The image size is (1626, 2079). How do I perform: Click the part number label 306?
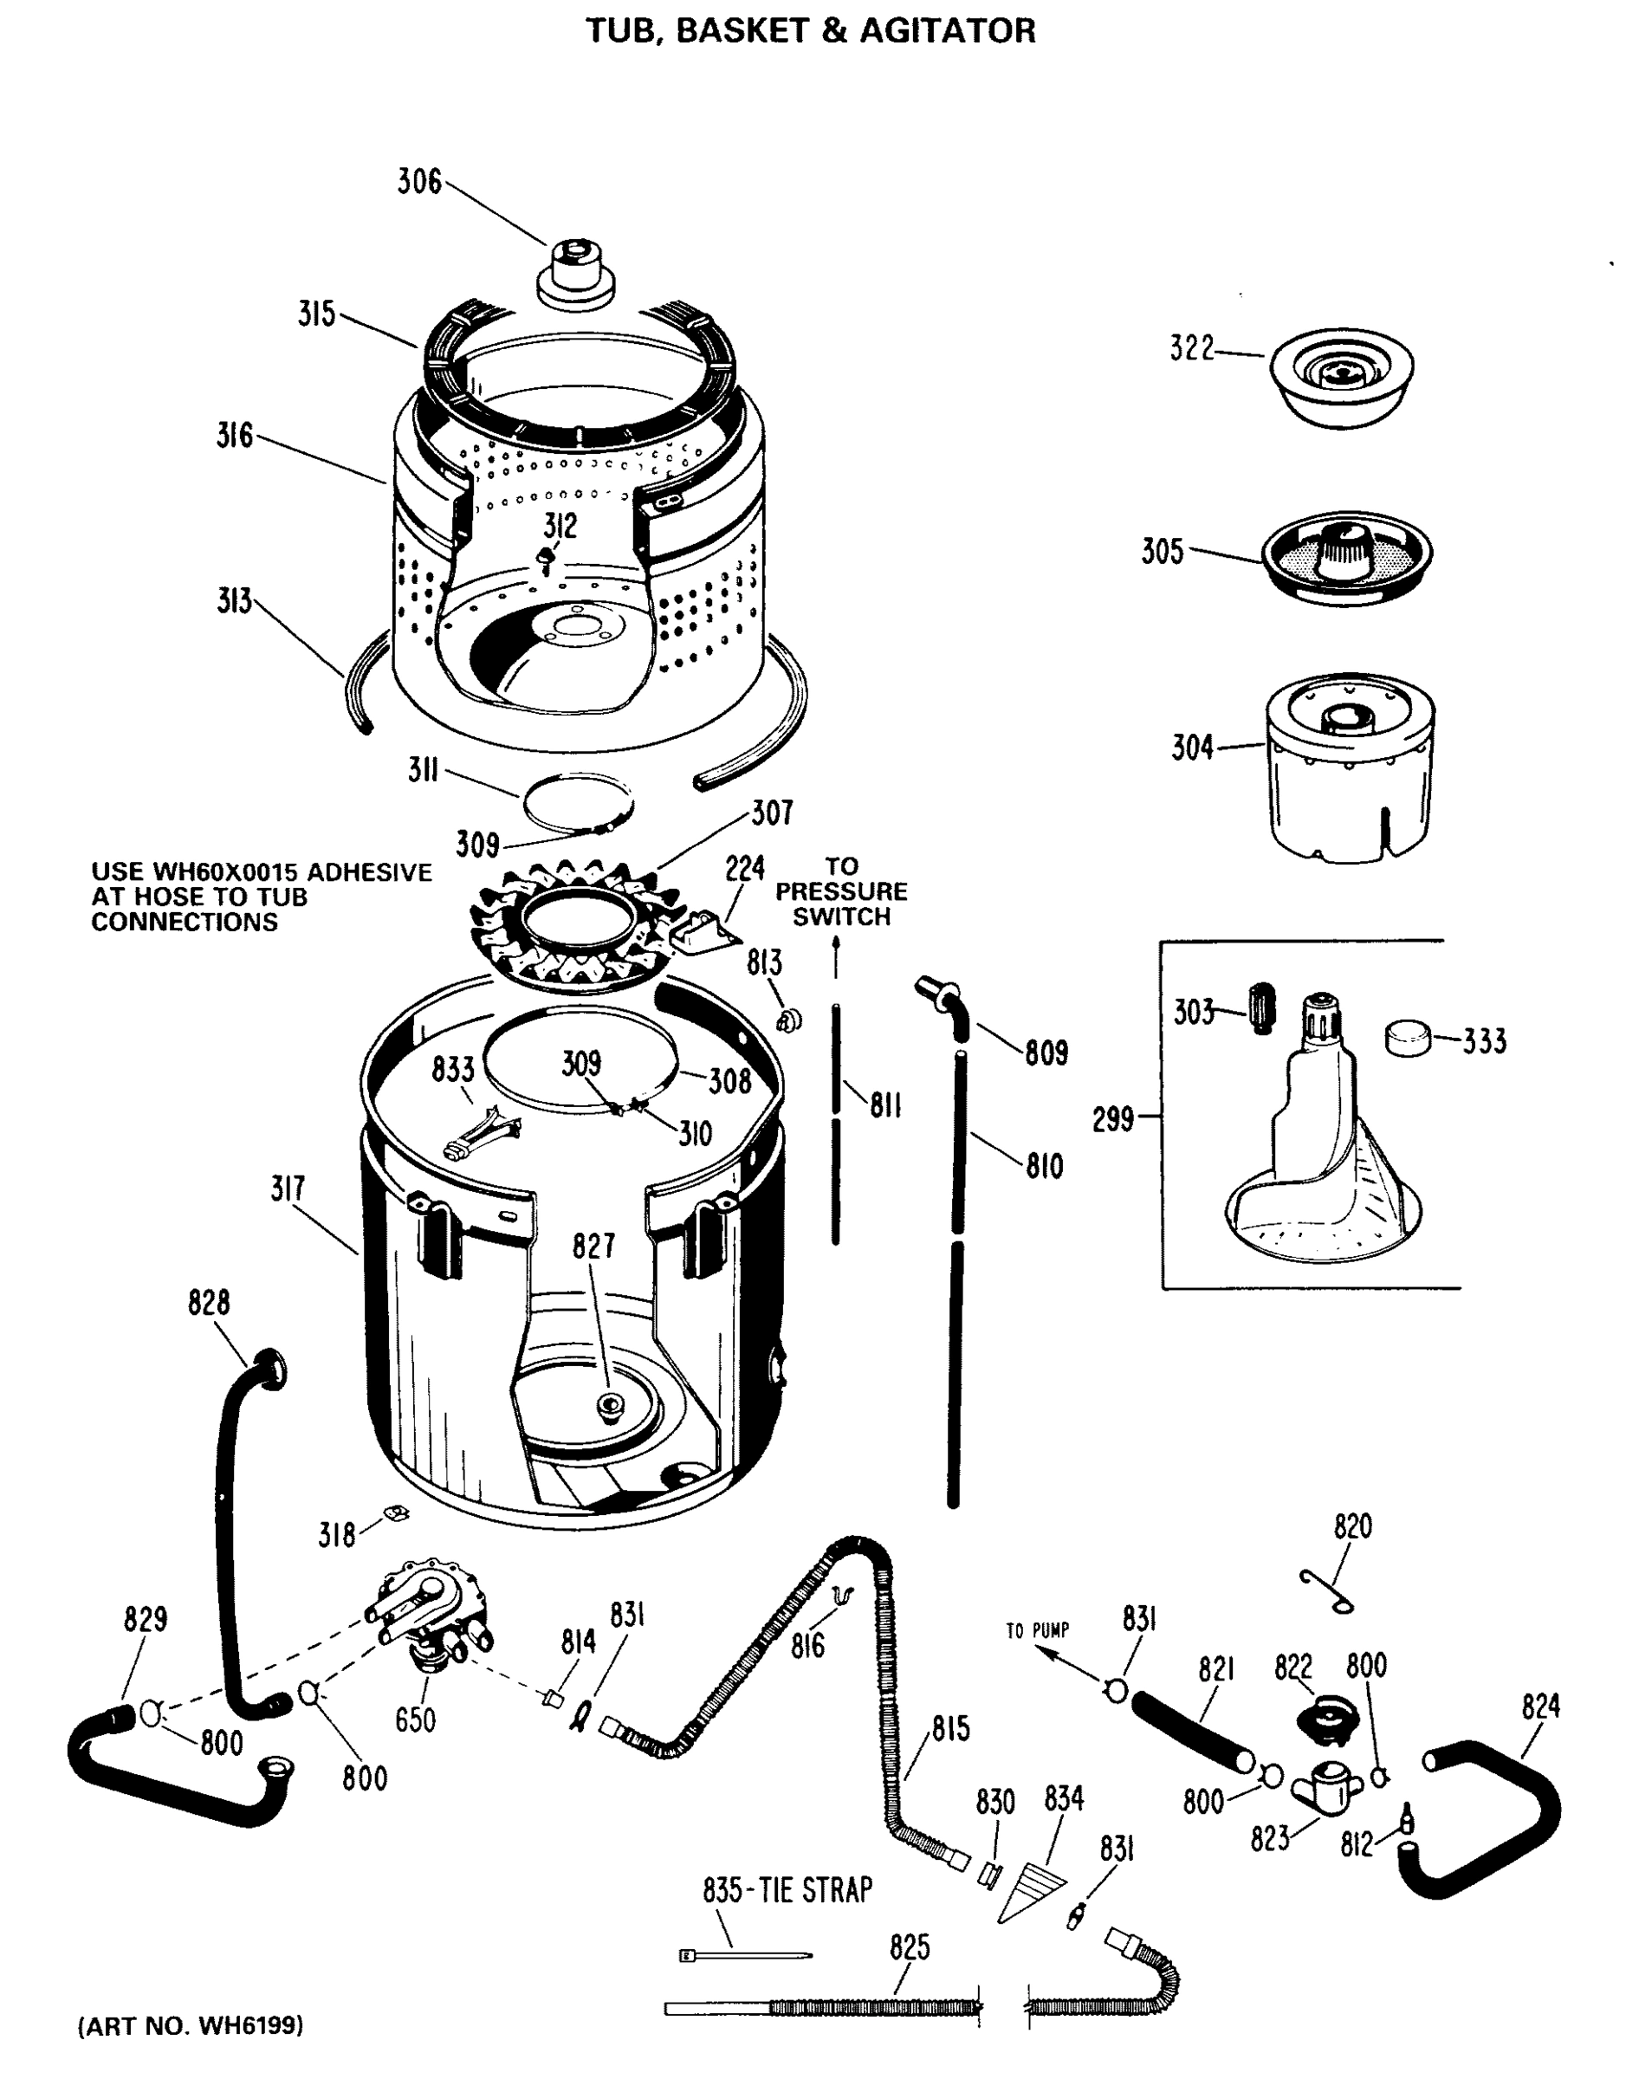click(419, 181)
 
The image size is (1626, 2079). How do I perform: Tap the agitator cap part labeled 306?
click(573, 276)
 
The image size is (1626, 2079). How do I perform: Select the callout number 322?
click(1192, 349)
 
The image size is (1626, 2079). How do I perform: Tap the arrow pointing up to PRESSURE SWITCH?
click(836, 955)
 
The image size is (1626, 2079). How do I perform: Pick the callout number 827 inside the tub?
click(593, 1246)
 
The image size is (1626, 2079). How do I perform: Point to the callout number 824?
click(1539, 1707)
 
